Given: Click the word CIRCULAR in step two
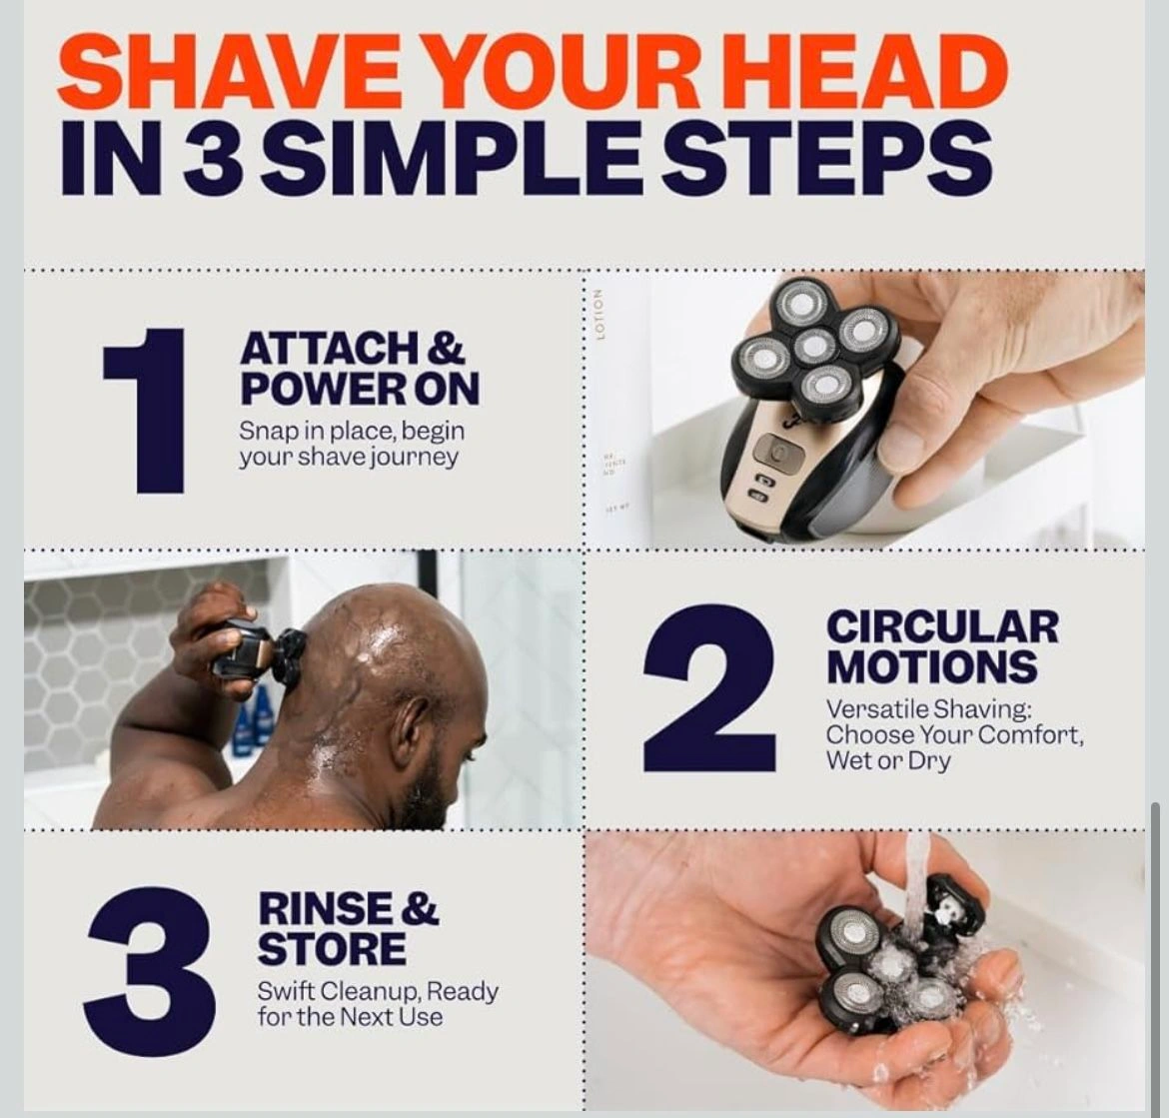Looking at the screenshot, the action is [x=941, y=627].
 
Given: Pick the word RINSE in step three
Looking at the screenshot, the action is [x=324, y=909].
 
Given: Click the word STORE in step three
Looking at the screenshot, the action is [x=332, y=949].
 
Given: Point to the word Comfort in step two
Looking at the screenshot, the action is [x=1029, y=735].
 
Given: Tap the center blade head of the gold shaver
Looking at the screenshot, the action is [x=814, y=345].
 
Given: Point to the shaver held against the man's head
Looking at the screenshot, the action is [x=257, y=647].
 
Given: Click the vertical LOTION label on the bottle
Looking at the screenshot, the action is [x=597, y=315].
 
